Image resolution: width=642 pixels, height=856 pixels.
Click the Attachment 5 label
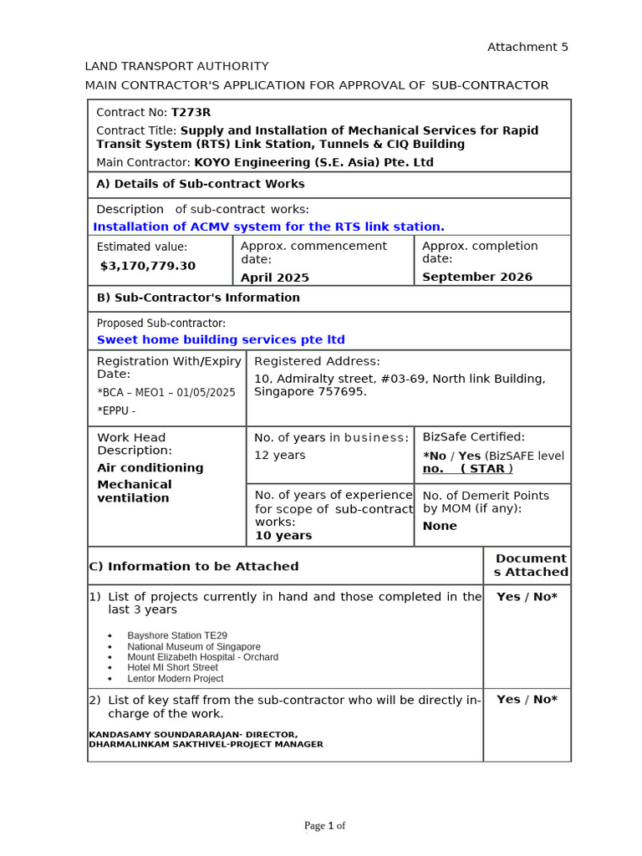(x=527, y=47)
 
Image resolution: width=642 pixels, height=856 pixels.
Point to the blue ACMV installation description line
(x=268, y=227)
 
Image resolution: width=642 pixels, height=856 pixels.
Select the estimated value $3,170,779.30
(x=148, y=266)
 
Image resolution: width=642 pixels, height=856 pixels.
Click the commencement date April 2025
(x=274, y=278)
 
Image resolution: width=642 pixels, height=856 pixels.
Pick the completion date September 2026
(x=476, y=278)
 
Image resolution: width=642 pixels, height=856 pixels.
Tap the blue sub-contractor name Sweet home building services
(x=221, y=339)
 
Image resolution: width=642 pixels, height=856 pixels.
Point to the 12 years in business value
(x=279, y=456)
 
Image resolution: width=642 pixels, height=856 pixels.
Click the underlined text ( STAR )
(x=487, y=469)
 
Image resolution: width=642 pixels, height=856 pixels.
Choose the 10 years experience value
(x=283, y=536)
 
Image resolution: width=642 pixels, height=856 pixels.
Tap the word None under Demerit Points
(x=440, y=526)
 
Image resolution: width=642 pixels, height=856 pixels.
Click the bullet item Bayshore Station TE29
(x=176, y=636)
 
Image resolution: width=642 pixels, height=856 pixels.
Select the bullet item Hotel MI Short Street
(x=172, y=668)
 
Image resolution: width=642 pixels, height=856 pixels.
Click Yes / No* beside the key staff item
(x=527, y=700)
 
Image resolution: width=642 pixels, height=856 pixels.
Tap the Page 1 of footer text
(x=324, y=826)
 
